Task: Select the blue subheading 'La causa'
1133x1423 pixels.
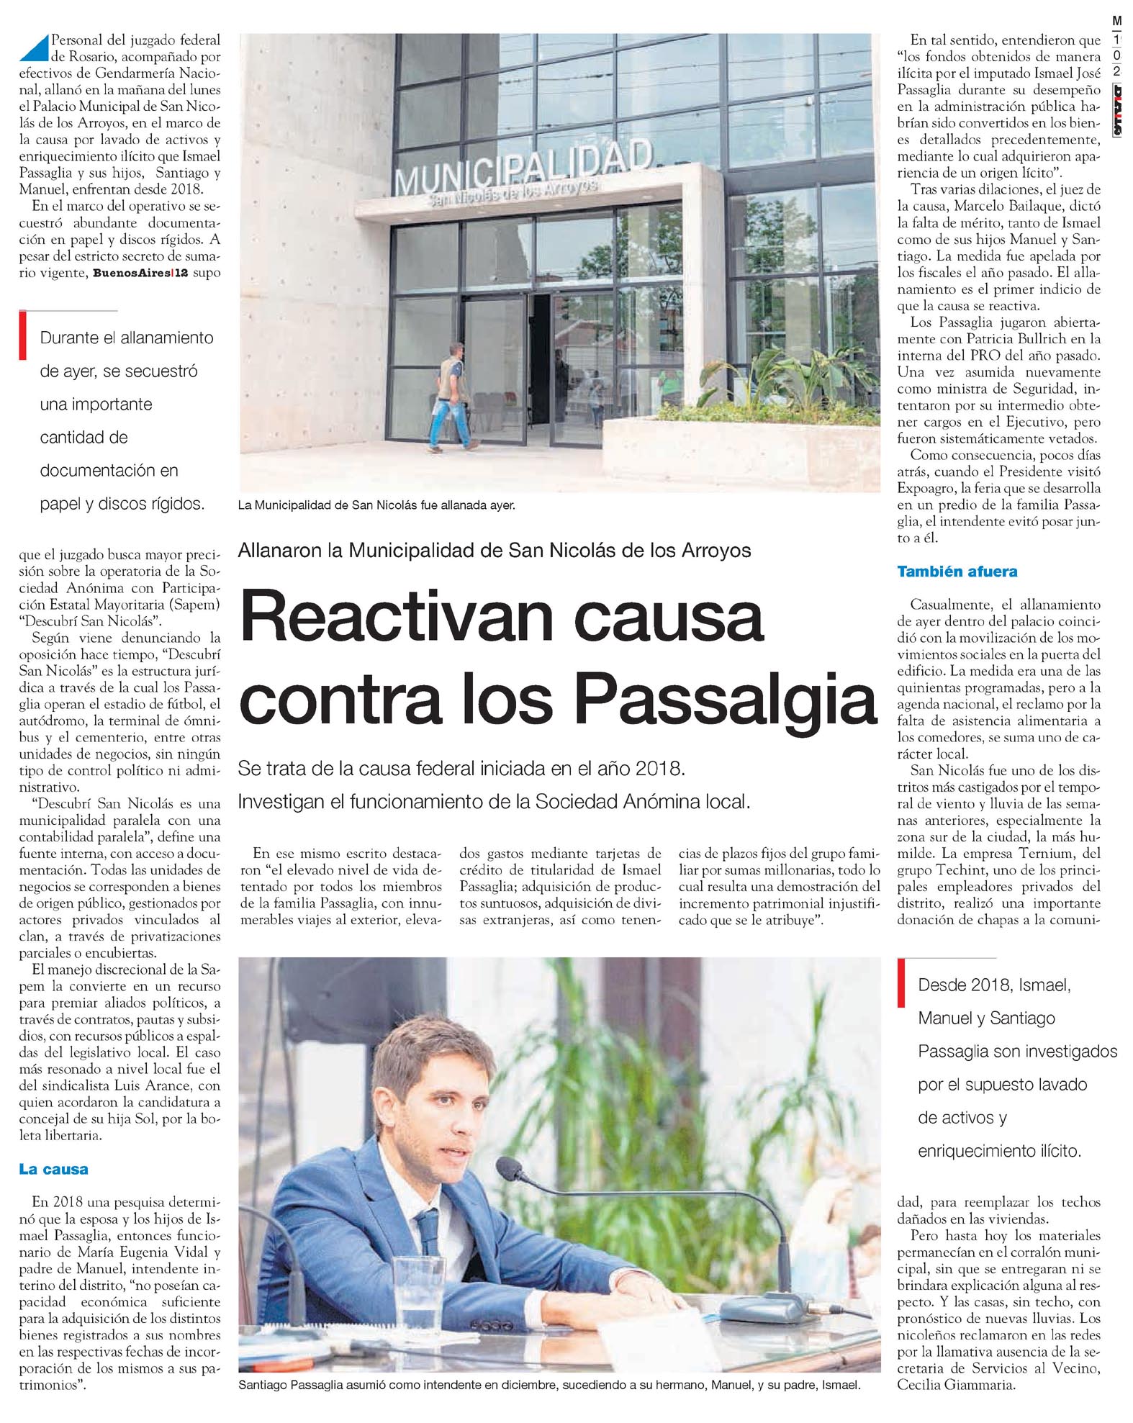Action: (53, 1169)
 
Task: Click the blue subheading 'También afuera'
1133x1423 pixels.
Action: (957, 572)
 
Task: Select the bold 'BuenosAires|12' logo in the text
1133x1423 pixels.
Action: (140, 274)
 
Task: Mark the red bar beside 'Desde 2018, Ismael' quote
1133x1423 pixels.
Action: (901, 982)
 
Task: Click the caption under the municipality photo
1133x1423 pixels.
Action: (376, 505)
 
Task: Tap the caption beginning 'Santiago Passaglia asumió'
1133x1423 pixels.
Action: (549, 1384)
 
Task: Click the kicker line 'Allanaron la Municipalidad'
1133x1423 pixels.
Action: (495, 551)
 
